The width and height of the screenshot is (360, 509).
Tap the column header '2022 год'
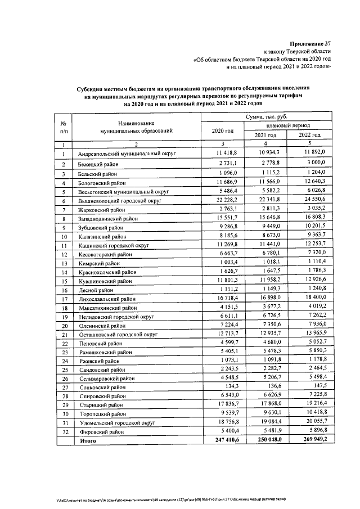tap(309, 135)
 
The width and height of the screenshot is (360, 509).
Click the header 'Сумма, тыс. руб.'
tap(265, 116)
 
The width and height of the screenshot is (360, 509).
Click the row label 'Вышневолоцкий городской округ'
tap(120, 200)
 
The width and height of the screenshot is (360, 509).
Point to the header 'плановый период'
tap(289, 126)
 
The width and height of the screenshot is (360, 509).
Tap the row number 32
tap(64, 433)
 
